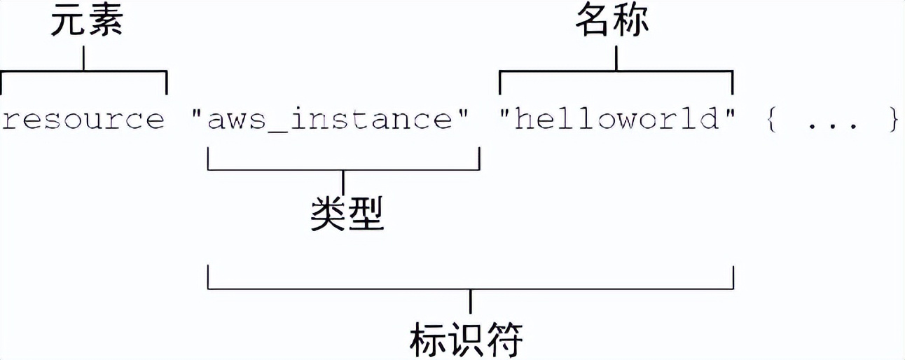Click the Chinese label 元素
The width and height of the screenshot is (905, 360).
point(86,22)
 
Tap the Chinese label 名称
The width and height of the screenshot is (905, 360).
point(612,22)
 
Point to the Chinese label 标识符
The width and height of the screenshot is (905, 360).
point(467,340)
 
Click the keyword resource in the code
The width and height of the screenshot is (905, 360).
point(83,120)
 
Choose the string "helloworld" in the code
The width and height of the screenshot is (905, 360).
point(616,120)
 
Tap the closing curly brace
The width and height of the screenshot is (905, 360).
point(892,120)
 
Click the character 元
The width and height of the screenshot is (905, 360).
point(67,22)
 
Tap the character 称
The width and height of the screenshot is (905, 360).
point(631,22)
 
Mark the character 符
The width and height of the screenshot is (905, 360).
point(505,340)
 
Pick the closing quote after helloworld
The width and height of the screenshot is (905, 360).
point(731,112)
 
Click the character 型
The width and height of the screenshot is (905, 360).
point(366,213)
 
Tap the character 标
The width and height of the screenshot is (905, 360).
point(428,340)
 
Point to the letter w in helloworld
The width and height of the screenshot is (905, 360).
point(626,120)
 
